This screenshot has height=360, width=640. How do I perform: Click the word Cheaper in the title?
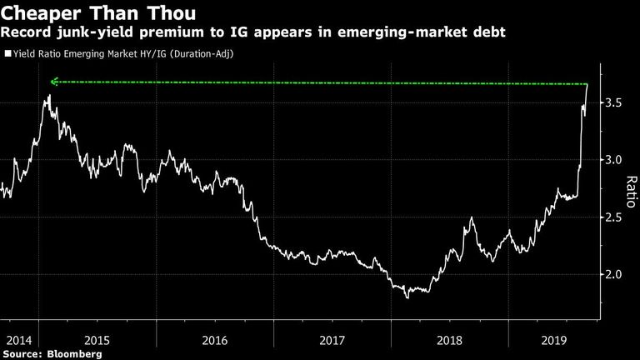tap(41, 13)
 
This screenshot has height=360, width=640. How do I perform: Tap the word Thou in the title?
tap(172, 12)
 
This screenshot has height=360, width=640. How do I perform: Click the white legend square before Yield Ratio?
tap(7, 53)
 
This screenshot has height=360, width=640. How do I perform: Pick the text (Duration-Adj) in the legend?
tap(201, 54)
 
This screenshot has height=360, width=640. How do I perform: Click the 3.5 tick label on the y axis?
tap(613, 102)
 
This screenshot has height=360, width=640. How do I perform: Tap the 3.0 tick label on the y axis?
tap(613, 160)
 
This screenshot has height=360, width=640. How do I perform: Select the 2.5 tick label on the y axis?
tap(613, 217)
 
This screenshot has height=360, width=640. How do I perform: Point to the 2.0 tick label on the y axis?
tap(613, 274)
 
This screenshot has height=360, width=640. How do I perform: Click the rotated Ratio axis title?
tap(631, 192)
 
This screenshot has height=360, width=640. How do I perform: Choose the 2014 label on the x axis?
tap(19, 340)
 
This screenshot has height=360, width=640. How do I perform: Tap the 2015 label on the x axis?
tap(97, 340)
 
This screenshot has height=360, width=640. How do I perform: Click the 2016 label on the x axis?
tap(215, 340)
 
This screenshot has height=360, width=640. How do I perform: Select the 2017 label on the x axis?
tap(332, 340)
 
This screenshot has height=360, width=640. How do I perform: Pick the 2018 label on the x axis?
tap(449, 340)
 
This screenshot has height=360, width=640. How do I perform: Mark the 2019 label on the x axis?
tap(554, 340)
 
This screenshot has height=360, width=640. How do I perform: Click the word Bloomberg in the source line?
tap(74, 353)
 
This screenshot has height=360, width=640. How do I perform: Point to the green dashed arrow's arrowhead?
tap(54, 82)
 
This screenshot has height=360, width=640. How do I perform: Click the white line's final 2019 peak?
tap(587, 84)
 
